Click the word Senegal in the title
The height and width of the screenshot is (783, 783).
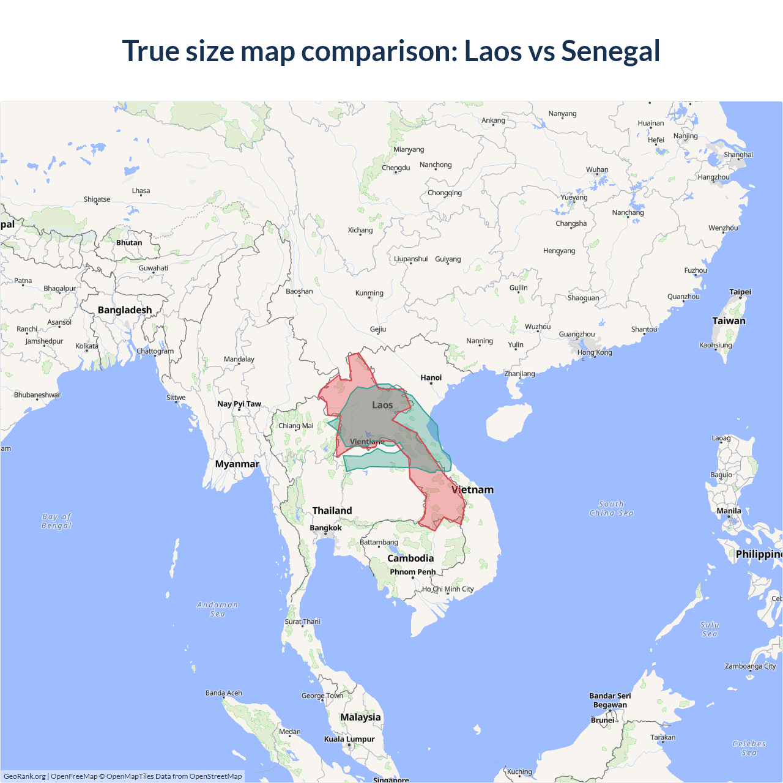pyautogui.click(x=610, y=51)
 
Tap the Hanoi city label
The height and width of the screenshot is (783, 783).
pyautogui.click(x=431, y=377)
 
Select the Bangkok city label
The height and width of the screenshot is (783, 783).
pyautogui.click(x=325, y=527)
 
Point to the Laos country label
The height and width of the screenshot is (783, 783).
pyautogui.click(x=382, y=405)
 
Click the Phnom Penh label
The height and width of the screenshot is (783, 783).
pyautogui.click(x=413, y=572)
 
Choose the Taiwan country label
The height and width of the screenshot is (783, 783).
pyautogui.click(x=729, y=321)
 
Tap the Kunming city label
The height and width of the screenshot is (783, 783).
pyautogui.click(x=369, y=293)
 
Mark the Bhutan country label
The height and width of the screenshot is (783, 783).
pyautogui.click(x=129, y=242)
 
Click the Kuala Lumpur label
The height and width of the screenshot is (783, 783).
pyautogui.click(x=349, y=739)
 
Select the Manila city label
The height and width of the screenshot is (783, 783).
pyautogui.click(x=729, y=511)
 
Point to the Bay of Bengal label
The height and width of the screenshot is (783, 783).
pyautogui.click(x=56, y=521)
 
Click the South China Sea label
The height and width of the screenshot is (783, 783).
pyautogui.click(x=611, y=508)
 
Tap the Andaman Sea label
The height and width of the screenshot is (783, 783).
pyautogui.click(x=218, y=609)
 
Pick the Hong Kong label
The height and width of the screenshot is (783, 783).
pyautogui.click(x=595, y=352)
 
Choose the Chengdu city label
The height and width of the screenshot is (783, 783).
pyautogui.click(x=396, y=168)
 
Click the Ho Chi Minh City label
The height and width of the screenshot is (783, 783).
pyautogui.click(x=448, y=589)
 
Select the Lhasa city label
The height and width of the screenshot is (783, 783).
pyautogui.click(x=141, y=191)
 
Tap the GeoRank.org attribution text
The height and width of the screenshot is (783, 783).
pyautogui.click(x=24, y=776)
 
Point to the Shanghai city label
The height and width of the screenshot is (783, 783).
pyautogui.click(x=738, y=155)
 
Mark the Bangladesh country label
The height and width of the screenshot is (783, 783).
pyautogui.click(x=125, y=310)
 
